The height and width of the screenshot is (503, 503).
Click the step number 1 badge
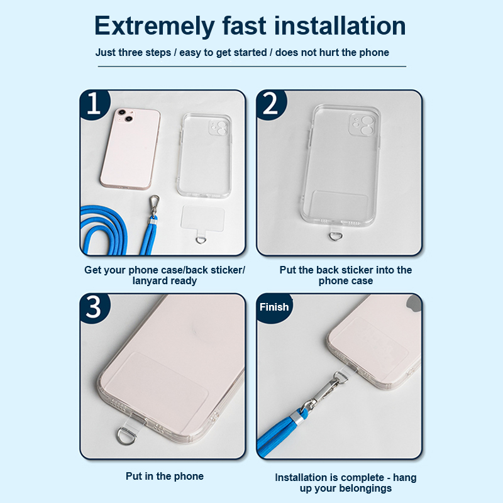tap(94, 104)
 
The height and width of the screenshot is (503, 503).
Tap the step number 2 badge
tap(270, 104)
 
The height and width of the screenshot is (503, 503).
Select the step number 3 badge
tap(94, 307)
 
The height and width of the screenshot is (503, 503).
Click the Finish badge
tap(274, 307)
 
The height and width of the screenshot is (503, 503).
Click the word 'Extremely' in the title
tap(154, 26)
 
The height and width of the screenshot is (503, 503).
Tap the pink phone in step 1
tap(130, 148)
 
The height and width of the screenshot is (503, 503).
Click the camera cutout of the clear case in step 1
tap(218, 128)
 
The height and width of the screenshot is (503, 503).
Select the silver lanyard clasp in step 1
tap(154, 207)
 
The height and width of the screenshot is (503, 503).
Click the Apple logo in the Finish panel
tap(414, 304)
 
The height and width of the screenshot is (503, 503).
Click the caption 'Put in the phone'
tap(165, 476)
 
